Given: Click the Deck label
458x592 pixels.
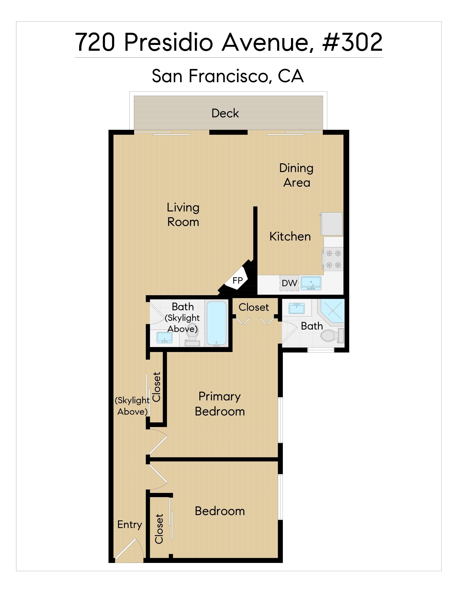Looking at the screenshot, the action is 225,113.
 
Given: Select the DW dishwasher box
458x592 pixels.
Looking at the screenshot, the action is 289,283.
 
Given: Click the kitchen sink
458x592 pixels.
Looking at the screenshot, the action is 311,283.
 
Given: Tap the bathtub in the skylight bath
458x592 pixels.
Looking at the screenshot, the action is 216,324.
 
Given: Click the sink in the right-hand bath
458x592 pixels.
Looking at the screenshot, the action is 297,308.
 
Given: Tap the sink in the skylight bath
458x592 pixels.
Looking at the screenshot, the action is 164,337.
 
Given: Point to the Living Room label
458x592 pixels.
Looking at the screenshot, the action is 183,214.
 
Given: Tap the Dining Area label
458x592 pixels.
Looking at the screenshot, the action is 297,175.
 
